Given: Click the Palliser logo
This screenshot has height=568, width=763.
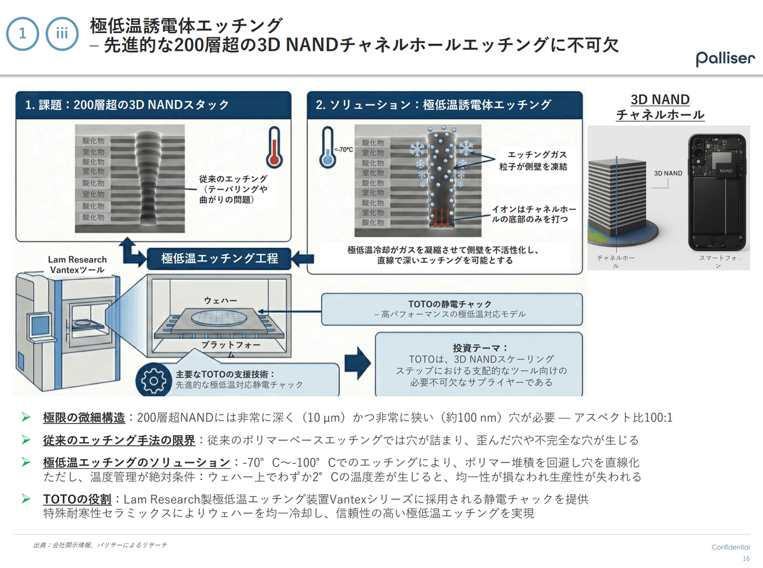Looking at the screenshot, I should (725, 59).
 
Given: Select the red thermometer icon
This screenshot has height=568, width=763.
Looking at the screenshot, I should (274, 148).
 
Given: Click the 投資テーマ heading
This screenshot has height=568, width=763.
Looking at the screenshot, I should (480, 348).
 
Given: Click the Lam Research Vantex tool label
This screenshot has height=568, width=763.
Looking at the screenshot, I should (77, 265).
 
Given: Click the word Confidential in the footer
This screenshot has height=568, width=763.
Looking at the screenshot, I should (731, 547).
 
